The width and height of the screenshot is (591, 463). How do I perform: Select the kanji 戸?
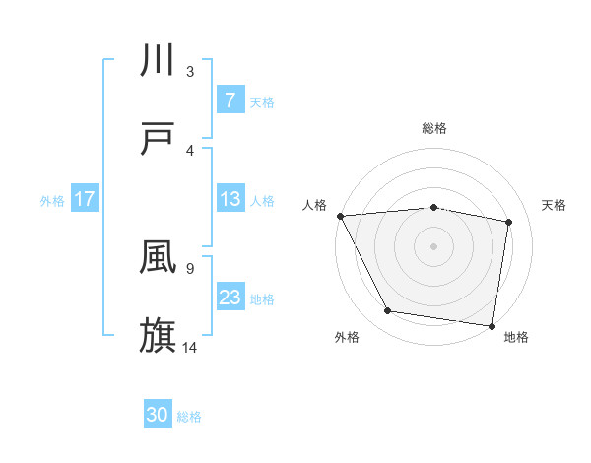(x=159, y=138)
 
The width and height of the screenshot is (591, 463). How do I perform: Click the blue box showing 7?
(x=230, y=99)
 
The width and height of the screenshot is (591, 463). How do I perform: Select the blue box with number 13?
(x=230, y=199)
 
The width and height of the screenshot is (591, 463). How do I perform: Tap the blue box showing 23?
(x=230, y=298)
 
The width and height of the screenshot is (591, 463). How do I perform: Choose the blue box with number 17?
(x=85, y=199)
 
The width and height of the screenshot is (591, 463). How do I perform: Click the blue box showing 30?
(x=158, y=415)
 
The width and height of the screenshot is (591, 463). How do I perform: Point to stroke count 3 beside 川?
(x=190, y=71)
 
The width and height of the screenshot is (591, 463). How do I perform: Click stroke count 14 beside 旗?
(x=190, y=347)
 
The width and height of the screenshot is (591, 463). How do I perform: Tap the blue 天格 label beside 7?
(x=262, y=101)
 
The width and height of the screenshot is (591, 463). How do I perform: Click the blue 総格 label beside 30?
(x=189, y=417)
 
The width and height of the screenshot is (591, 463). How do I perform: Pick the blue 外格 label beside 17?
(x=52, y=201)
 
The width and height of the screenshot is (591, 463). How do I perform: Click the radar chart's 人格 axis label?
(x=315, y=205)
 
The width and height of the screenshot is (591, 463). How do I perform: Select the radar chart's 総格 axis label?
(x=434, y=128)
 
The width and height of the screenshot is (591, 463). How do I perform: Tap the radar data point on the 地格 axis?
(x=492, y=325)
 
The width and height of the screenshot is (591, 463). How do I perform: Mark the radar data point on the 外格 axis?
(x=388, y=311)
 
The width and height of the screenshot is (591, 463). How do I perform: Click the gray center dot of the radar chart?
(x=434, y=245)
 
